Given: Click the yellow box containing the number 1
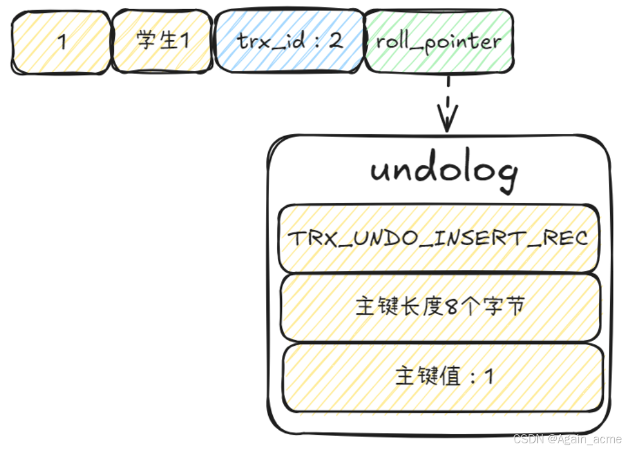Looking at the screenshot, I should pyautogui.click(x=61, y=41).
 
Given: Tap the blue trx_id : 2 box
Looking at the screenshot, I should pyautogui.click(x=289, y=41).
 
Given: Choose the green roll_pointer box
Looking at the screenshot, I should pyautogui.click(x=438, y=41).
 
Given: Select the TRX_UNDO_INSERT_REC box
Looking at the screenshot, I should pyautogui.click(x=438, y=238).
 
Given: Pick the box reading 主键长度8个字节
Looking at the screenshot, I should pyautogui.click(x=440, y=307).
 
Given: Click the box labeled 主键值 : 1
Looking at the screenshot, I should pyautogui.click(x=443, y=376).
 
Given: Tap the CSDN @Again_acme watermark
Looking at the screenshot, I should pyautogui.click(x=567, y=440).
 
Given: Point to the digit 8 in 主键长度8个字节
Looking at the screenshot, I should pyautogui.click(x=452, y=307).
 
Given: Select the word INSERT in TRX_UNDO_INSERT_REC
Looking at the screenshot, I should pyautogui.click(x=499, y=238).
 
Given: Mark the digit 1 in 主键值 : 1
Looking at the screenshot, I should pyautogui.click(x=488, y=376).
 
